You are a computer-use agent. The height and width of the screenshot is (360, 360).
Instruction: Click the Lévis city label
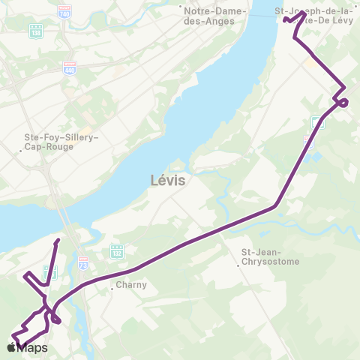point(167,181)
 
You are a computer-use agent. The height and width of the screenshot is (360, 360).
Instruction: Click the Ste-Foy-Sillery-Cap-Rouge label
point(57,142)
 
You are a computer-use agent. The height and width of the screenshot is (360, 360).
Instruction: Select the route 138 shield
point(35,32)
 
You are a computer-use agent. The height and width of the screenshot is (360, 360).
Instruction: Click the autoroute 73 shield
point(82,262)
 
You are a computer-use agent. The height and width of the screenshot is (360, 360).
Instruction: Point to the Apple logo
point(11,348)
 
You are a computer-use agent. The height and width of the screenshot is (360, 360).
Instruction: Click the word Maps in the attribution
point(33,348)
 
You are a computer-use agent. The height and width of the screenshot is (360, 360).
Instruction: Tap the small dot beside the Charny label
point(112,286)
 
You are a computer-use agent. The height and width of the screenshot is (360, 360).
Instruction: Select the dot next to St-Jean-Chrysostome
point(238,262)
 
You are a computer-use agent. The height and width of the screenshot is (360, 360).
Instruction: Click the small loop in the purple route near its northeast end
point(342,102)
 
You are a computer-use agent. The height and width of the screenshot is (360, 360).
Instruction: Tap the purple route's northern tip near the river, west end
point(58,241)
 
